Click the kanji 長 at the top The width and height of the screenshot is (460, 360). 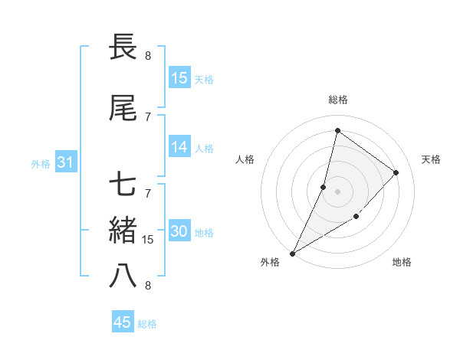123,47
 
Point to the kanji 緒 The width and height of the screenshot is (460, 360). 123,231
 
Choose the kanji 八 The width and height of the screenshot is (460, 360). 123,276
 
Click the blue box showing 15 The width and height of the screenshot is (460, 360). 179,78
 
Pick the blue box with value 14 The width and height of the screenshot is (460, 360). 179,148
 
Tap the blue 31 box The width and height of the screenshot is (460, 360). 65,162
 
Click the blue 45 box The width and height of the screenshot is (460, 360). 123,322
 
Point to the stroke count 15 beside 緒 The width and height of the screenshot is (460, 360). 148,240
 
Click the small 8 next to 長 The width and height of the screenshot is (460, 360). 148,56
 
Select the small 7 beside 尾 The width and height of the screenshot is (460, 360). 148,117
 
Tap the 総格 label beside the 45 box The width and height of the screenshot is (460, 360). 147,324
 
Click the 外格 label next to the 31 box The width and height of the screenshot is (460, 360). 41,163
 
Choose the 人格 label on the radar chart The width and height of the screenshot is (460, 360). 245,159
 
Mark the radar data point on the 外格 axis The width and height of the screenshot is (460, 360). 293,253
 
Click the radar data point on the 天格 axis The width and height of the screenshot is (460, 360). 396,172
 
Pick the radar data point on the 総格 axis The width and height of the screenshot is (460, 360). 337,130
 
